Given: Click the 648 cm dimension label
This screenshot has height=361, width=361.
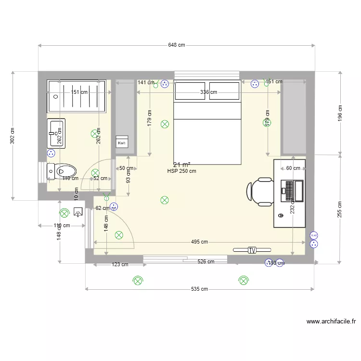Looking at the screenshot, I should (x=177, y=45).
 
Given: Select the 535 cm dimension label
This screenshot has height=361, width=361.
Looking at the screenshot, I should (x=199, y=289).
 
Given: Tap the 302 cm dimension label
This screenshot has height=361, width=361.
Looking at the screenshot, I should (x=13, y=135).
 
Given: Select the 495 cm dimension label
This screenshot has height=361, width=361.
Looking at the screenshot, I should (x=199, y=242).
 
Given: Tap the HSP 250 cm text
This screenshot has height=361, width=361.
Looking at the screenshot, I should (x=181, y=171).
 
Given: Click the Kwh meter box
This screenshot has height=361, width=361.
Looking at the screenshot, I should (x=121, y=142).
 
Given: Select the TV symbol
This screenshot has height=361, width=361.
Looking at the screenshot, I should (x=252, y=250).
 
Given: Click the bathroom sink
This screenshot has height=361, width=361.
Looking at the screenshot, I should (x=56, y=133).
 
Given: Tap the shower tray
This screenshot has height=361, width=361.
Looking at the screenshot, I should (x=76, y=96).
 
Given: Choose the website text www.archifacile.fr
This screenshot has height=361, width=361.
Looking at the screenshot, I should (x=331, y=322).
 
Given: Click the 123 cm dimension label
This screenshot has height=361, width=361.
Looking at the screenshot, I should (x=120, y=264).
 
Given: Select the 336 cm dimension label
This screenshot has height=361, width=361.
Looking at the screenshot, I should (x=208, y=92).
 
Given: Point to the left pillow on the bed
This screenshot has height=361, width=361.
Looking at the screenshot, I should (x=191, y=91).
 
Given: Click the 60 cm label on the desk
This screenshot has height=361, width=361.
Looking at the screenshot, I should (x=293, y=168).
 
